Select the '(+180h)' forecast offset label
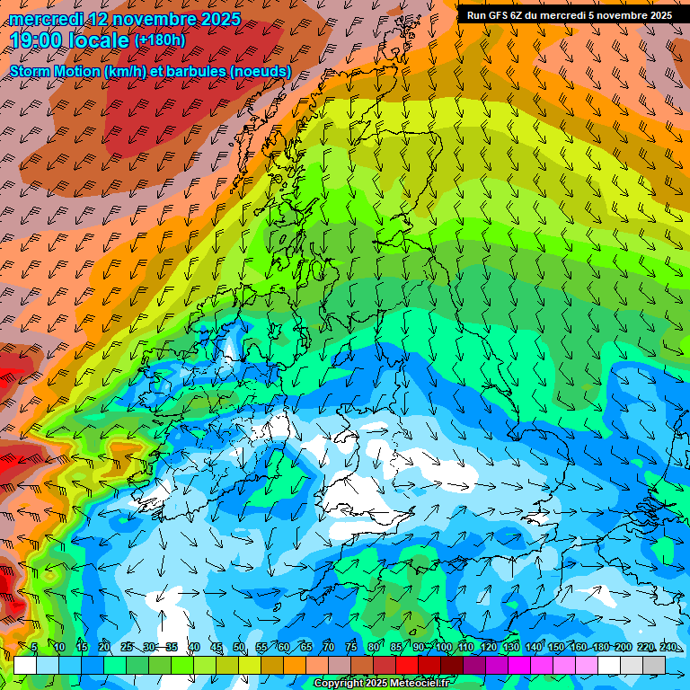pos(160,40)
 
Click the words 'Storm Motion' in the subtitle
pos(56,71)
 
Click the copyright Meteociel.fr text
pos(381,684)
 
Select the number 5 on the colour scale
pos(34,647)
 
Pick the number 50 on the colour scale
pos(239,647)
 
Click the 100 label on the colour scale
pos(443,647)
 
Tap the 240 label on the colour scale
pos(668,647)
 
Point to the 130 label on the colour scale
pos(510,647)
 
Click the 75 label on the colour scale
pos(351,647)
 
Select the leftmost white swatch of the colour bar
pos(24,665)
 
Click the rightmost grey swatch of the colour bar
pos(654,665)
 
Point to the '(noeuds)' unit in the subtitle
pos(261,71)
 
